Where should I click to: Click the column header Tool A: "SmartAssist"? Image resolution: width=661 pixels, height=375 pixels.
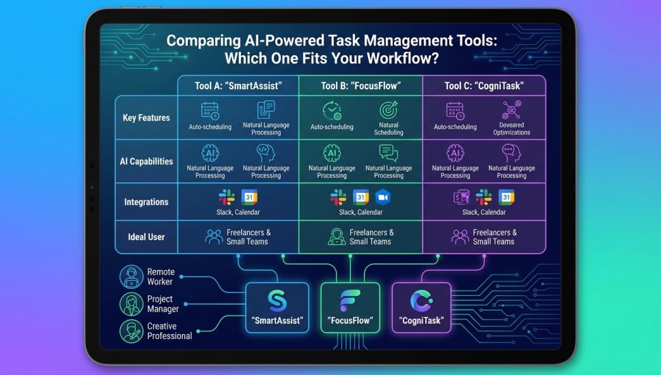[x=238, y=86]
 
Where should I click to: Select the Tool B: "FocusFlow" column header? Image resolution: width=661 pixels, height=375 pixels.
[x=361, y=86]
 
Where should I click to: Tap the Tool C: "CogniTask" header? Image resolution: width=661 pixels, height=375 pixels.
[x=483, y=86]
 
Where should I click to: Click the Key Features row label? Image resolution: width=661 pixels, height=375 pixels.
[x=146, y=118]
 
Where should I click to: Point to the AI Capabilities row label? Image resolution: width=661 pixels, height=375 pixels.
[x=146, y=162]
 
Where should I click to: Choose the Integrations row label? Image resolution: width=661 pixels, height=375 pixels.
[x=146, y=202]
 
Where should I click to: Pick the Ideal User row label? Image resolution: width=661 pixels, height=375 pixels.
[x=146, y=237]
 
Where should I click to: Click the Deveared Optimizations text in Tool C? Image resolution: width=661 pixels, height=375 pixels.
[x=511, y=128]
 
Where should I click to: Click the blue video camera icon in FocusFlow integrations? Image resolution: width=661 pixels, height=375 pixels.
[x=382, y=197]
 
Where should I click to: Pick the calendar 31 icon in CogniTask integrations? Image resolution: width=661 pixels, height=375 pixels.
[x=506, y=197]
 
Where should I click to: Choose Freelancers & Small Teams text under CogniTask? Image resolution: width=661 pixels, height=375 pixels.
[x=494, y=237]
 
